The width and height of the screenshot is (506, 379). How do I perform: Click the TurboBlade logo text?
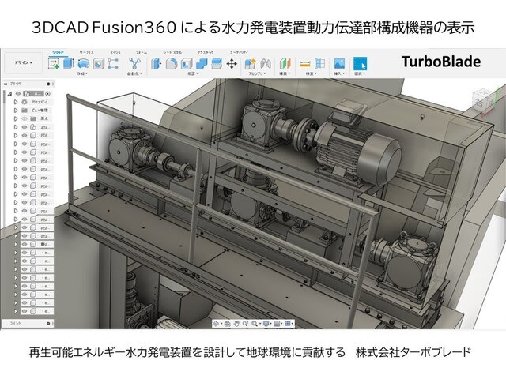pos(440,61)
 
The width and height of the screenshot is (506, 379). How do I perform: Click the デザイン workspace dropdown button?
pos(23,62)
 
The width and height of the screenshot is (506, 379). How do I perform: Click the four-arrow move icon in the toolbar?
pos(232,64)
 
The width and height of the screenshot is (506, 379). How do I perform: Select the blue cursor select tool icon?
pos(360,63)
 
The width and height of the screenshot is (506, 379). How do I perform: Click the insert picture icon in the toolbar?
pos(338,63)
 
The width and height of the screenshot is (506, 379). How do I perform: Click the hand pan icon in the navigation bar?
pos(227,324)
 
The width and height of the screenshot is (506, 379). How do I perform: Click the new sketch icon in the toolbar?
pos(55,64)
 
